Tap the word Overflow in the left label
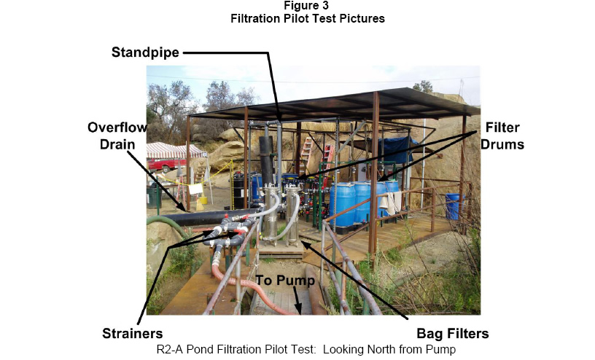117,127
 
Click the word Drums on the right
503,145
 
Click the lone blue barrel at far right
454,206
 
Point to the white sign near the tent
195,189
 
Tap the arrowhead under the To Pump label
300,309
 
